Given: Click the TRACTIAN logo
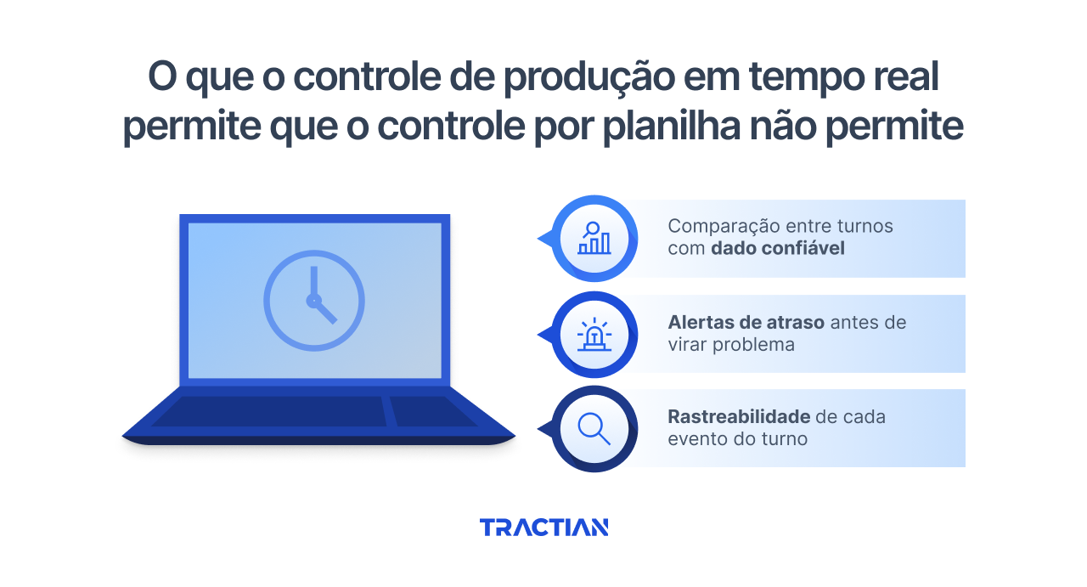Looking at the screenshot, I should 543,528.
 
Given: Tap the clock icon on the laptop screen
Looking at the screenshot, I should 314,300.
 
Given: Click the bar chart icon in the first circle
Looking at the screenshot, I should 594,239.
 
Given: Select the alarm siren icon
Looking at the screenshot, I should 594,335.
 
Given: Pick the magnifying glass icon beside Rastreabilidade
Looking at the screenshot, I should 594,429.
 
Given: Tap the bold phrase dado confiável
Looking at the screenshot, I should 778,249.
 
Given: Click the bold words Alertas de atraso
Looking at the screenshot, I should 746,323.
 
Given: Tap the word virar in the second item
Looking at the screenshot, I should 689,345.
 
